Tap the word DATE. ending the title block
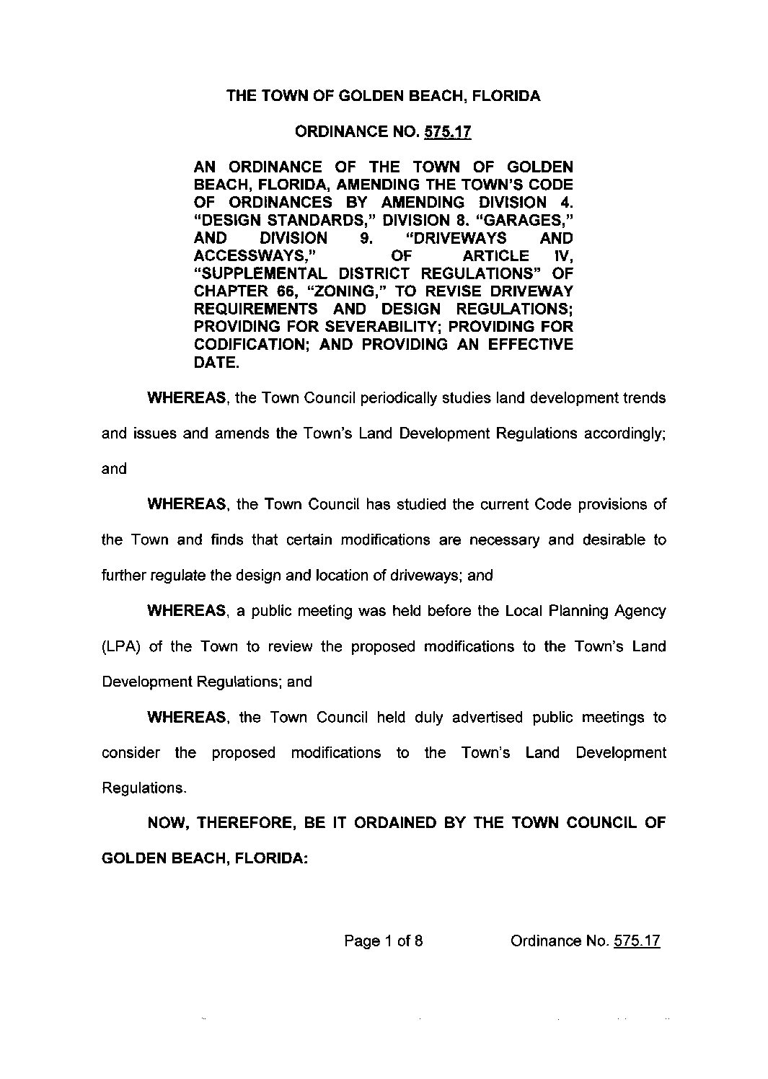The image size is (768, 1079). [216, 363]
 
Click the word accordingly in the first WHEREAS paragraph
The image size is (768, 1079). [624, 433]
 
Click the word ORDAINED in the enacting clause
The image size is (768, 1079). [389, 823]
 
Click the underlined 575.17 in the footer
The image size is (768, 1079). [636, 941]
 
